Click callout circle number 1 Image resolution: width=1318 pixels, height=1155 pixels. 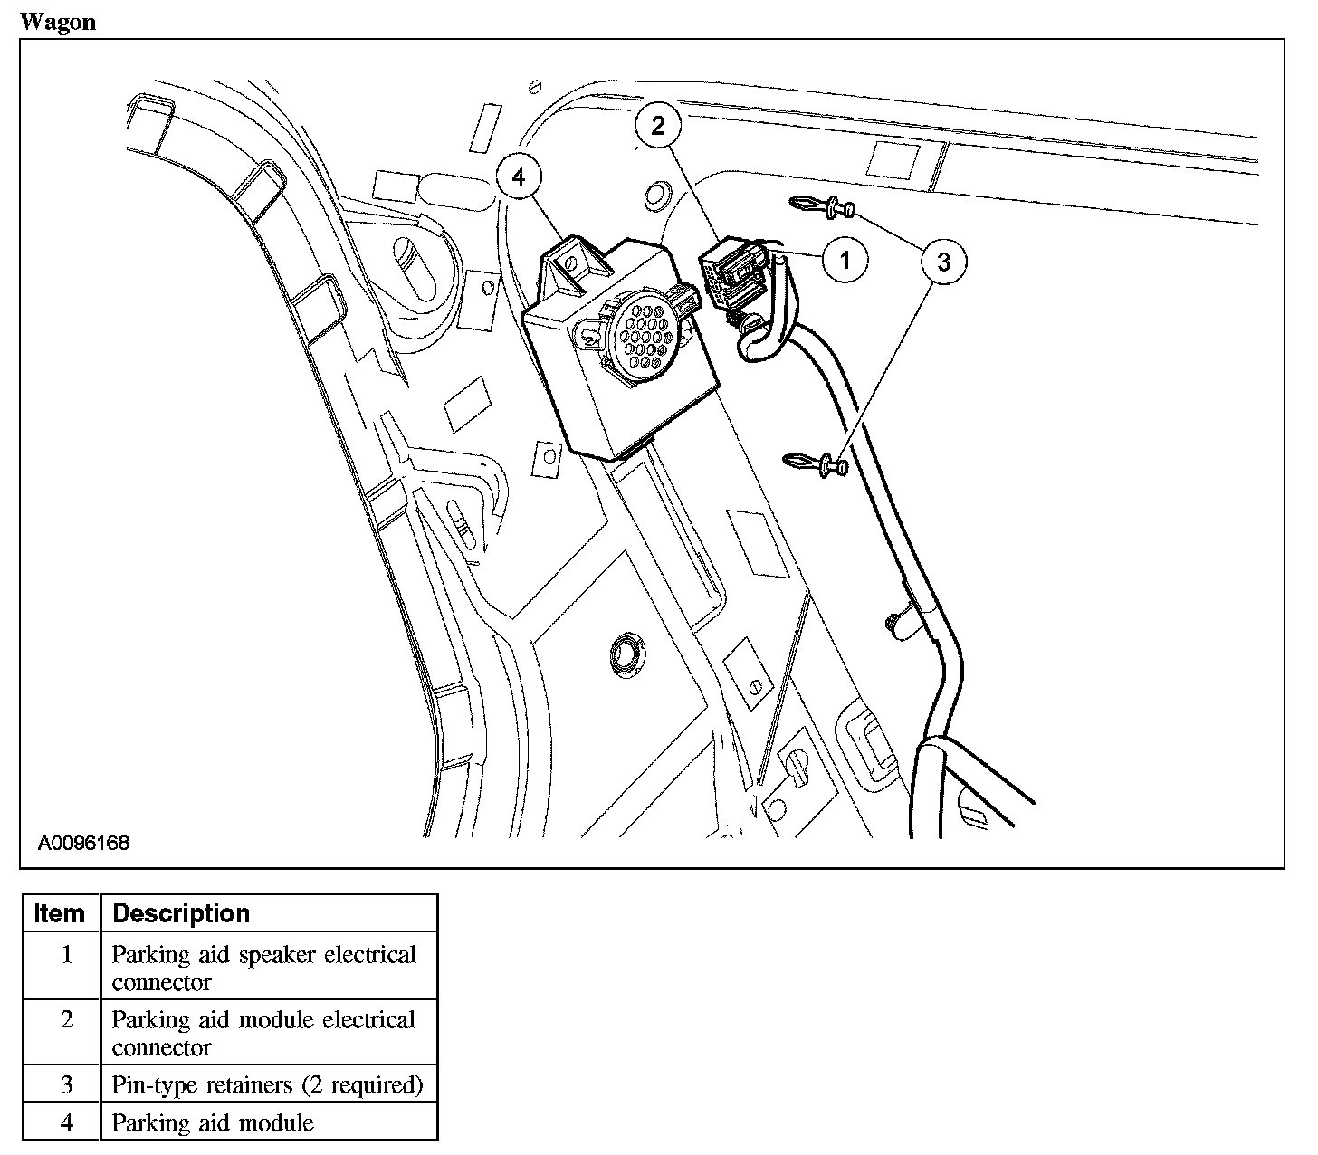(x=845, y=261)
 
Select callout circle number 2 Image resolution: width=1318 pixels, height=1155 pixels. (x=658, y=125)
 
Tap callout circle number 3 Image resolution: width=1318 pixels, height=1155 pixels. (x=943, y=262)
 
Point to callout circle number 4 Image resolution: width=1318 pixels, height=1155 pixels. (x=519, y=177)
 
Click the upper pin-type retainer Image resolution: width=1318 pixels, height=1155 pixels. (x=823, y=208)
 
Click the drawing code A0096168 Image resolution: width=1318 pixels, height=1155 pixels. (x=84, y=843)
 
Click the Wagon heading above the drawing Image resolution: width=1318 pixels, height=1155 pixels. (x=57, y=22)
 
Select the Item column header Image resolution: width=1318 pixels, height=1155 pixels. (x=60, y=913)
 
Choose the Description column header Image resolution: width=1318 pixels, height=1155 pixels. (x=181, y=913)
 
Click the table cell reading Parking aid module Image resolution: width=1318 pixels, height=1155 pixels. (x=213, y=1123)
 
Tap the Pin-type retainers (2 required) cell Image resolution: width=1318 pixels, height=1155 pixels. (x=267, y=1084)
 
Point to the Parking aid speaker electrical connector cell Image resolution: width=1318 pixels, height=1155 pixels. (x=263, y=968)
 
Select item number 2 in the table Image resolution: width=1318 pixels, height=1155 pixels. (x=67, y=1019)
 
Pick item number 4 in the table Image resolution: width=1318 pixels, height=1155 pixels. (x=67, y=1123)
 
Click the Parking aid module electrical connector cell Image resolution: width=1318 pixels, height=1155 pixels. (x=263, y=1033)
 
